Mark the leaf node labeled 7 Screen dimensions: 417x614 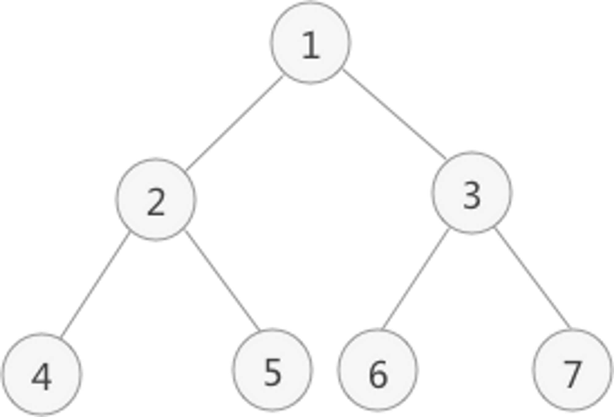click(570, 370)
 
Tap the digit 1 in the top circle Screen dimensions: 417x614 click(311, 45)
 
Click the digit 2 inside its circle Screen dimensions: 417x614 click(156, 202)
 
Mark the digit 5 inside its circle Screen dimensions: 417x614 click(272, 372)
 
